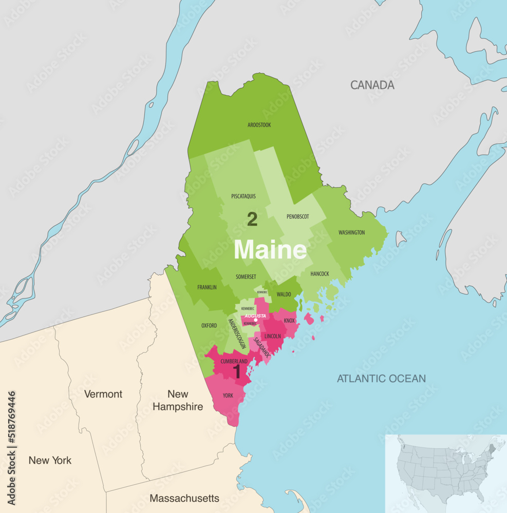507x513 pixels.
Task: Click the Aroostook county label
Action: [x=259, y=125]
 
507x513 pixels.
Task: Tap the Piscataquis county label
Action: [x=243, y=196]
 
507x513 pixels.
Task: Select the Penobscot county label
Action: [x=298, y=216]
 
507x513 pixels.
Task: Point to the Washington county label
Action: [x=351, y=232]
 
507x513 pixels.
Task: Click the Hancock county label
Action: [x=320, y=274]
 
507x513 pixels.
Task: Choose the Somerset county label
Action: [x=246, y=277]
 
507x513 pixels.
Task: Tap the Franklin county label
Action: [x=207, y=287]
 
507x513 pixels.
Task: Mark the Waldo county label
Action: [x=284, y=294]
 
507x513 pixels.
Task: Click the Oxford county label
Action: [x=209, y=325]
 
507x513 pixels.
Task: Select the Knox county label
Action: [x=289, y=321]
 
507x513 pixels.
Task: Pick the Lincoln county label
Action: [x=273, y=337]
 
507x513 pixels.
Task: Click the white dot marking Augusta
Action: [x=255, y=320]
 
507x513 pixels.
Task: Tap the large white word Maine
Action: [x=270, y=250]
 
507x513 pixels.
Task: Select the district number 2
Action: [x=252, y=220]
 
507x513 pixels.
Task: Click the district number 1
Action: [x=237, y=372]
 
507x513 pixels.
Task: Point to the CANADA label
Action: [x=372, y=85]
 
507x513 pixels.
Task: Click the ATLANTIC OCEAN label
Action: [x=381, y=379]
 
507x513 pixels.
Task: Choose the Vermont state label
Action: [x=103, y=394]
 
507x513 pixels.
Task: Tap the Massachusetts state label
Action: [x=184, y=498]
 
